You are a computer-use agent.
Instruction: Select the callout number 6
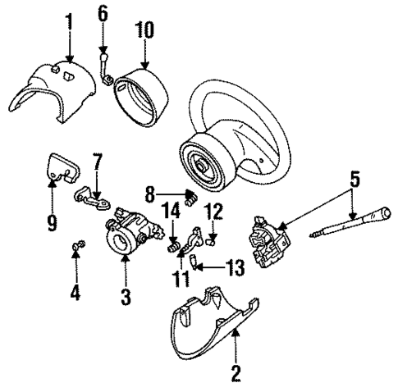coord(103,12)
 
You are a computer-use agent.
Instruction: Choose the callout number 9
coord(52,222)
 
